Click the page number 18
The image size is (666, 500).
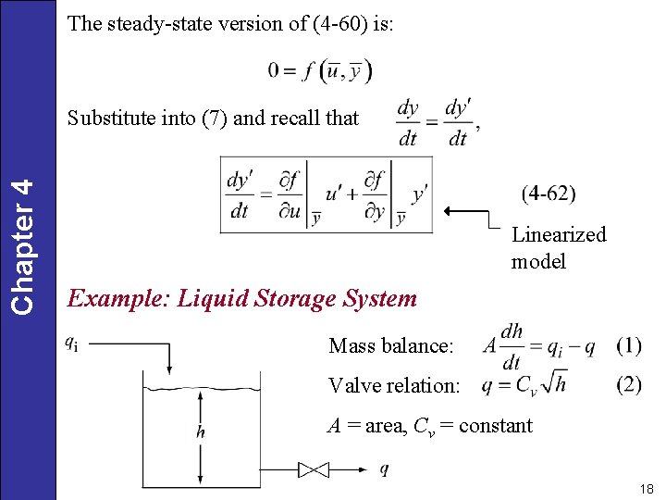coord(646,488)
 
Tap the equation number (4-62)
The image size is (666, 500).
coord(549,194)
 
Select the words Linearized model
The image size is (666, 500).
coord(559,247)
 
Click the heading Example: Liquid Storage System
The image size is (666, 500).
coord(242,299)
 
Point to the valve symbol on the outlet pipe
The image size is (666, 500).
coord(314,470)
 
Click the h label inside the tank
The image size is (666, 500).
coord(201,431)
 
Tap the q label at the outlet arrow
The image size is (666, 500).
coord(384,469)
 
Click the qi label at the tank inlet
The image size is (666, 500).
coord(71,342)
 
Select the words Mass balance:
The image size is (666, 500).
coord(391,346)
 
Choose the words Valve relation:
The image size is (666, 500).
coord(394,385)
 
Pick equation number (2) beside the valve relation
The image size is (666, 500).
coord(628,384)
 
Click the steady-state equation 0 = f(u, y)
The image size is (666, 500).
coord(320,69)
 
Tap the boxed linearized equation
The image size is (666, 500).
coord(326,194)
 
